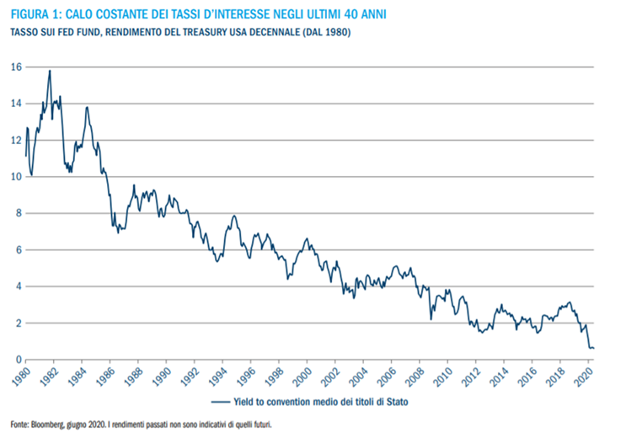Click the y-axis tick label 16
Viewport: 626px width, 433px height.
(16, 67)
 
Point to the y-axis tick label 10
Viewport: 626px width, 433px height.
(16, 177)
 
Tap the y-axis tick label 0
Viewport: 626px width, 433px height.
(19, 360)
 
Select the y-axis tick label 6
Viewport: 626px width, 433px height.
(19, 250)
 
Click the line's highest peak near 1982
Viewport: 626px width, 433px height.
(51, 71)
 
